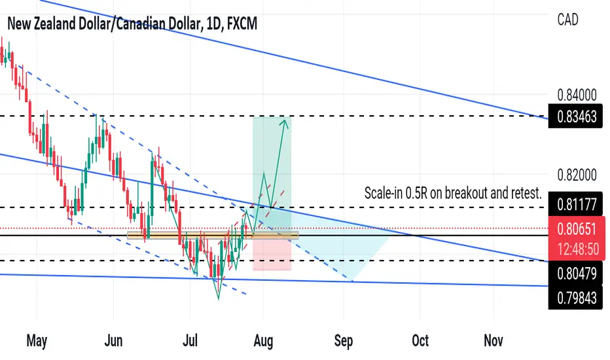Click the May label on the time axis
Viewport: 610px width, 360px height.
pyautogui.click(x=37, y=340)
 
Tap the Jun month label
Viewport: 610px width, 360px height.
pyautogui.click(x=113, y=340)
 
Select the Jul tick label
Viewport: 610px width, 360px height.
pyautogui.click(x=190, y=340)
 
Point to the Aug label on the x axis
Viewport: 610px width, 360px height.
pyautogui.click(x=263, y=341)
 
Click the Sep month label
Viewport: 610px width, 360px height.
pyautogui.click(x=344, y=341)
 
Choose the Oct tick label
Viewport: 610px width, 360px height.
pyautogui.click(x=420, y=340)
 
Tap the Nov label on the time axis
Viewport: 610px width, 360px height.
pyautogui.click(x=493, y=340)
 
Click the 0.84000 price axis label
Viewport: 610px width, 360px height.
pyautogui.click(x=577, y=95)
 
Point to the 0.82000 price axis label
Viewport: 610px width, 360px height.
pyautogui.click(x=577, y=175)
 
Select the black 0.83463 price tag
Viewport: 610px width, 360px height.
pyautogui.click(x=575, y=116)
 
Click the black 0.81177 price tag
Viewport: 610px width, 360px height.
pyautogui.click(x=575, y=204)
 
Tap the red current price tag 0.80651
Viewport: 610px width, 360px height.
pyautogui.click(x=577, y=229)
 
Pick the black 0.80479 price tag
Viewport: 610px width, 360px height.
pyautogui.click(x=575, y=274)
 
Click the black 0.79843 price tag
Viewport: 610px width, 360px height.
pyautogui.click(x=575, y=298)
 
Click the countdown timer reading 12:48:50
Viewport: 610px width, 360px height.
pyautogui.click(x=578, y=249)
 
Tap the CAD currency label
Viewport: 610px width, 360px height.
pyautogui.click(x=567, y=20)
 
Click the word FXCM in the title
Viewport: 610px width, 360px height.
pyautogui.click(x=242, y=24)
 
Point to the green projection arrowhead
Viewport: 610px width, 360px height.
pyautogui.click(x=285, y=124)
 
